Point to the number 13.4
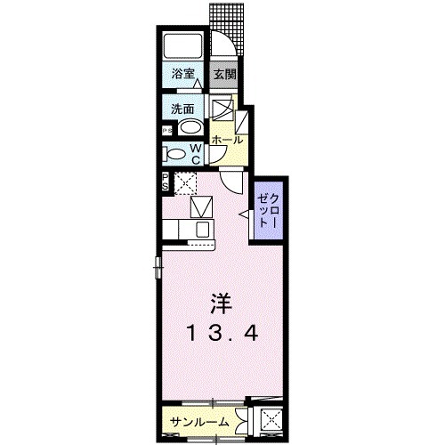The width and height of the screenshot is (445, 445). (x=222, y=335)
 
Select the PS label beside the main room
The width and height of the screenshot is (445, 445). (x=166, y=183)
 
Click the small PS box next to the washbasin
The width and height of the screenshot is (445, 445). (x=166, y=131)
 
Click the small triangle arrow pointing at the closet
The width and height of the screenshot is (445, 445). (x=243, y=213)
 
